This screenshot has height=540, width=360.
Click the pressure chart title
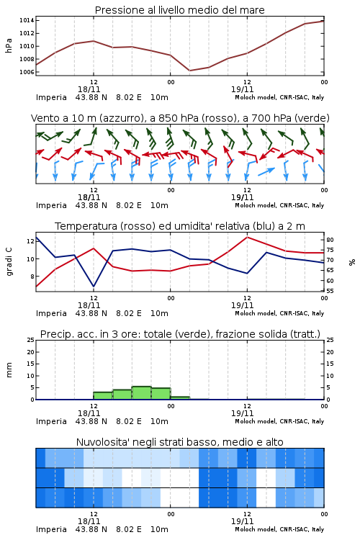[x=179, y=10]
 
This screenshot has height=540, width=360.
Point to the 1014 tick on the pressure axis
[x=27, y=20]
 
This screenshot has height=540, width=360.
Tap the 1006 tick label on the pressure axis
[x=27, y=72]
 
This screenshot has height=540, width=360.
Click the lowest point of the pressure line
[x=189, y=71]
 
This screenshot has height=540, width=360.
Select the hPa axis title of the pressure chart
[x=9, y=45]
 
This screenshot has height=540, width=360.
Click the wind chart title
[x=180, y=118]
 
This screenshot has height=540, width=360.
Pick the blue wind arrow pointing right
[x=266, y=171]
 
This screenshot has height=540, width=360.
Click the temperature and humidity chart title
[x=180, y=226]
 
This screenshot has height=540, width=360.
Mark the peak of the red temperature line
[x=247, y=237]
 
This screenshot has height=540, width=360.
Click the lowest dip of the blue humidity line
[x=94, y=286]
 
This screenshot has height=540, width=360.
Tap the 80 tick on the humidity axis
[x=330, y=240]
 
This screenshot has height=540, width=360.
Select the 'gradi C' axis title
[x=9, y=261]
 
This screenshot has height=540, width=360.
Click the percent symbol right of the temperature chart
[x=352, y=262]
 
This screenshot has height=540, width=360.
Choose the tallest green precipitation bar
[x=141, y=393]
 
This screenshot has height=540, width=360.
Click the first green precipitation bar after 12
[x=103, y=396]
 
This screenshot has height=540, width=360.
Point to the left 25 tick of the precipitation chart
[x=30, y=340]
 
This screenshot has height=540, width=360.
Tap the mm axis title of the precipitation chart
[x=9, y=370]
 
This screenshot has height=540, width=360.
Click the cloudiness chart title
[x=179, y=442]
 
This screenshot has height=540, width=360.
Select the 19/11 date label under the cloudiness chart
[x=242, y=521]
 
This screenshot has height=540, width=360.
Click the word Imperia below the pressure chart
[x=51, y=97]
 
